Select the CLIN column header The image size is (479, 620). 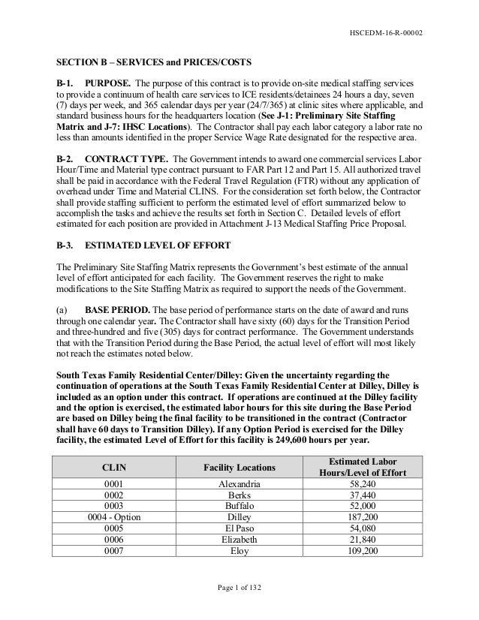coord(116,467)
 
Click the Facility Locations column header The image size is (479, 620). coord(239,467)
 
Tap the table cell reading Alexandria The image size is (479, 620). coord(239,484)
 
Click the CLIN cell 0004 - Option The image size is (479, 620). coord(116,517)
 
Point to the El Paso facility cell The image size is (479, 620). coord(239,528)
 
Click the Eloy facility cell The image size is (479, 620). coord(239,550)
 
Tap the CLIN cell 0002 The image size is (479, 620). coord(116,495)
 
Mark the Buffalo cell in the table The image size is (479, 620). coord(239,506)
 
